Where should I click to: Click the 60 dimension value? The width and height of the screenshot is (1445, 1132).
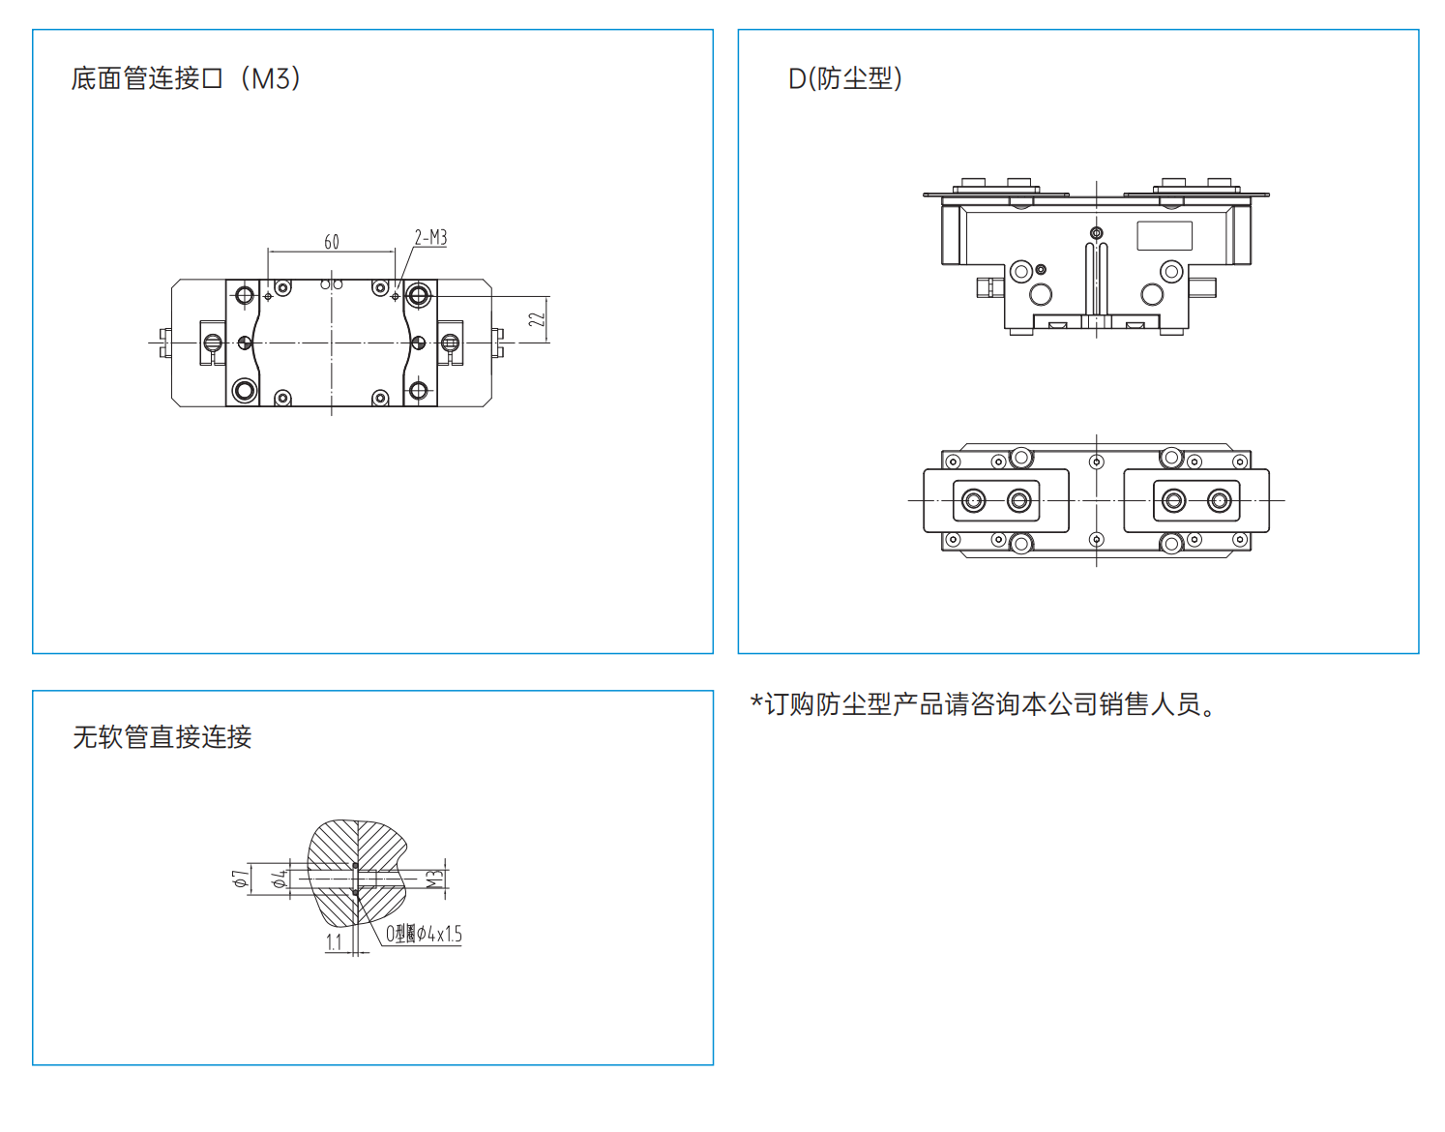coord(332,242)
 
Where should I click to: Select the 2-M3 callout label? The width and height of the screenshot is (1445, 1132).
coord(430,238)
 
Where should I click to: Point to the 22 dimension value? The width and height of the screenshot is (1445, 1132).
coord(538,318)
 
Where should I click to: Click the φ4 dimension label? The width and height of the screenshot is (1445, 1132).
coord(280,879)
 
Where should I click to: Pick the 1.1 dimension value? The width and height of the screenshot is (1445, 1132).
coord(334,941)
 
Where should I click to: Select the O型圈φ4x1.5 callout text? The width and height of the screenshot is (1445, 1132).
coord(424,934)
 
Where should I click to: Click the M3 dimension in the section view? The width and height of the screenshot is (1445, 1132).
coord(435,879)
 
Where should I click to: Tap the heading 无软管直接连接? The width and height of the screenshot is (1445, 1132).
coord(162,737)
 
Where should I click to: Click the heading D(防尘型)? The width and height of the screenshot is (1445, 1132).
coord(845,78)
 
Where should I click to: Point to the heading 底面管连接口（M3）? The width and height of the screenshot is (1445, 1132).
coord(186,78)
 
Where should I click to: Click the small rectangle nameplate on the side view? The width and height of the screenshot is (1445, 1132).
coord(1165,236)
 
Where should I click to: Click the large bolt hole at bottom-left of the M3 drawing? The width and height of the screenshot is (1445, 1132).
coord(245,390)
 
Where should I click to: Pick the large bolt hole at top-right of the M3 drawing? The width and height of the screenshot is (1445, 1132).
coord(419,294)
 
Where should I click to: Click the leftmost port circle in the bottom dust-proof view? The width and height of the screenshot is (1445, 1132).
coord(974,500)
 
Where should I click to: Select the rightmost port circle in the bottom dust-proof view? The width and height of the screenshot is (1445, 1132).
coord(1220,500)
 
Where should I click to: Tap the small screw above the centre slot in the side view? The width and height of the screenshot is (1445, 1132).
coord(1096,232)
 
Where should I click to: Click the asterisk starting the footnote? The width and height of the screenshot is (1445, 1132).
coord(756,701)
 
